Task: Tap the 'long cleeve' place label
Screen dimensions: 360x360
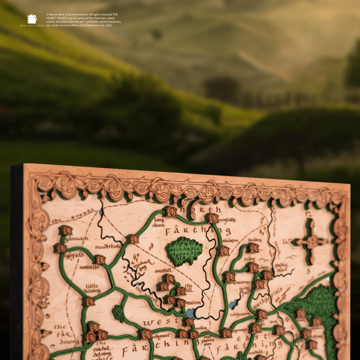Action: [159, 222]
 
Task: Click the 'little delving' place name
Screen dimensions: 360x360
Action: [92, 289]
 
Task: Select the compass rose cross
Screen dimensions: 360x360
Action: [312, 241]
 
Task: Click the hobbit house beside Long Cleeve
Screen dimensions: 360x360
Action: [171, 211]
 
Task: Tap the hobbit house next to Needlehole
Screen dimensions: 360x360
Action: [133, 239]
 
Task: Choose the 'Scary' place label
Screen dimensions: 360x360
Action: [250, 259]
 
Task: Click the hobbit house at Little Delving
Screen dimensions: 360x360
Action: [89, 301]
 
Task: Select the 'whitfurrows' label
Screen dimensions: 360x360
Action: [240, 314]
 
